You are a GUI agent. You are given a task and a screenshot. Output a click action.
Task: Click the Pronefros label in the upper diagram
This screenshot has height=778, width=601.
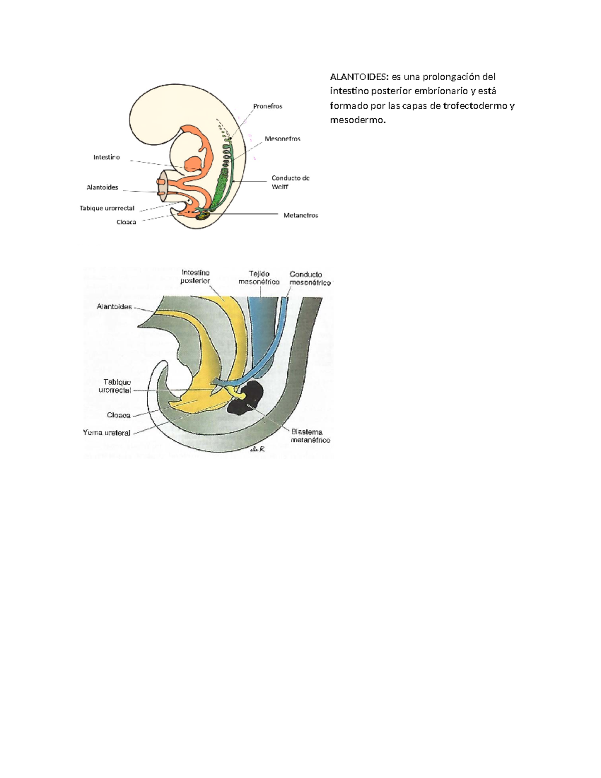point(267,106)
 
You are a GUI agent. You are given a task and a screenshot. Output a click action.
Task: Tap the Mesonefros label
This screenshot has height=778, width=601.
point(282,139)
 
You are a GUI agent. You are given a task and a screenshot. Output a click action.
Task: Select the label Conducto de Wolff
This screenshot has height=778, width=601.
point(290,182)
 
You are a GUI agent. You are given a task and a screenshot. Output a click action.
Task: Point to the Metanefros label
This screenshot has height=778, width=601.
point(300,215)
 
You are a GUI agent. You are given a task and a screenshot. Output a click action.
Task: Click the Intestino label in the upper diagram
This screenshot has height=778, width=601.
point(106,157)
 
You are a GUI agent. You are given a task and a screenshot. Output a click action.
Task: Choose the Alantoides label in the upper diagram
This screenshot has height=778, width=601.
point(102,187)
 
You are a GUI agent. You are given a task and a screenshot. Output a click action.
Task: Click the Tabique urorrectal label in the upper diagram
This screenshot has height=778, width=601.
point(107,208)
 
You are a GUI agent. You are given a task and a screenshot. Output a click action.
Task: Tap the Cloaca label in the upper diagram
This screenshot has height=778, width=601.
point(126,222)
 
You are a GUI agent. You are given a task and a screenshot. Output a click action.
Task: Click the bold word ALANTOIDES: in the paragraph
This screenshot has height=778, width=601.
point(359,77)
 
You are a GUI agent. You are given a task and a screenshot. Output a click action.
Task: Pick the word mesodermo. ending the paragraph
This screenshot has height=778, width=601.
point(358,120)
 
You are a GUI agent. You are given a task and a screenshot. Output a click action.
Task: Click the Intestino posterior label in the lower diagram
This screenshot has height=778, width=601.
point(195,277)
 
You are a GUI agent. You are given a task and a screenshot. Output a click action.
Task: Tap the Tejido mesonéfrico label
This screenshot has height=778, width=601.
point(259,278)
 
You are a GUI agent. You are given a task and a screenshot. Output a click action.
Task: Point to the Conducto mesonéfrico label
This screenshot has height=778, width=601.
point(310,278)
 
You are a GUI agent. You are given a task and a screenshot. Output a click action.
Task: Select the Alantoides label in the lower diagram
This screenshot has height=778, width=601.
point(114,307)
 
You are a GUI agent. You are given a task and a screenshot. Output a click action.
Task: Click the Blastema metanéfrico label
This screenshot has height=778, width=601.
point(310,436)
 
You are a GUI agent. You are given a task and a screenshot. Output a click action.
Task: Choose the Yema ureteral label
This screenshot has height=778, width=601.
point(107,433)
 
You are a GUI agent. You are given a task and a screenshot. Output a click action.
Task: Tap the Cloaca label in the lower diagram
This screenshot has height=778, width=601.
point(119,415)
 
